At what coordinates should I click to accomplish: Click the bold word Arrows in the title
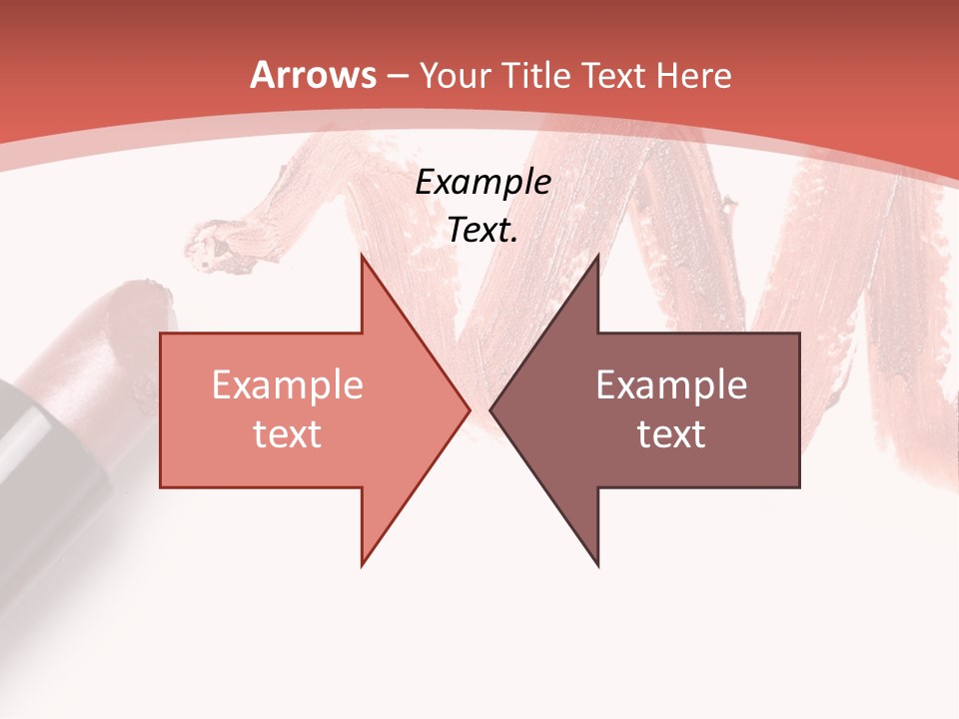tap(314, 76)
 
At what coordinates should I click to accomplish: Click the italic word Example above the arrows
tap(483, 183)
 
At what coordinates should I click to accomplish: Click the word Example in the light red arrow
tap(288, 385)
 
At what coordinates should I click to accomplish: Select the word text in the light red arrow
tap(288, 433)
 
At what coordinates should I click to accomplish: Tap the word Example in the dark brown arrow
tap(671, 385)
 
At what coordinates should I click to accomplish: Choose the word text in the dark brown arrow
tap(671, 433)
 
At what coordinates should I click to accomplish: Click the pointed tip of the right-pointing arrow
tap(469, 409)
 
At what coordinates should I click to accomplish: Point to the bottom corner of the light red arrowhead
tap(363, 564)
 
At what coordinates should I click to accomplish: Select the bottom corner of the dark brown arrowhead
tap(597, 564)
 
